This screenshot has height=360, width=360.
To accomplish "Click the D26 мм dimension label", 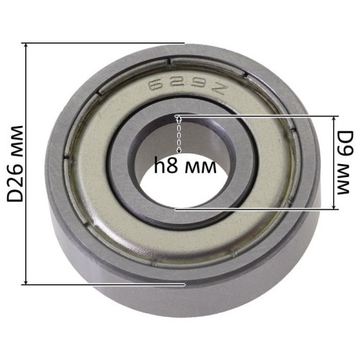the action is pyautogui.click(x=15, y=163).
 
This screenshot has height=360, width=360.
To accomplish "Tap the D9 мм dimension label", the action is pyautogui.click(x=343, y=163).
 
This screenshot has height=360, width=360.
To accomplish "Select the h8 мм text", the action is pyautogui.click(x=185, y=165).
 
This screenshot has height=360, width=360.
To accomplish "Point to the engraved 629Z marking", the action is pyautogui.click(x=188, y=88).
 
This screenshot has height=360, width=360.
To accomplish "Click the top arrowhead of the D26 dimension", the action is pyautogui.click(x=27, y=46).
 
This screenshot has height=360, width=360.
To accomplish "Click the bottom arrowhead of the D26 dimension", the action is pyautogui.click(x=27, y=282).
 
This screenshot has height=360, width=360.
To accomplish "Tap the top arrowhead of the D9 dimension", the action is pyautogui.click(x=333, y=118).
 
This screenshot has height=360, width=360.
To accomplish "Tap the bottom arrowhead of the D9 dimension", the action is pyautogui.click(x=333, y=207).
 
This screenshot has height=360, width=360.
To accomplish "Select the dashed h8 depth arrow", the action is pyautogui.click(x=179, y=135).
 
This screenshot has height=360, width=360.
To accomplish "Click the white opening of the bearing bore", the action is pyautogui.click(x=182, y=185).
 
